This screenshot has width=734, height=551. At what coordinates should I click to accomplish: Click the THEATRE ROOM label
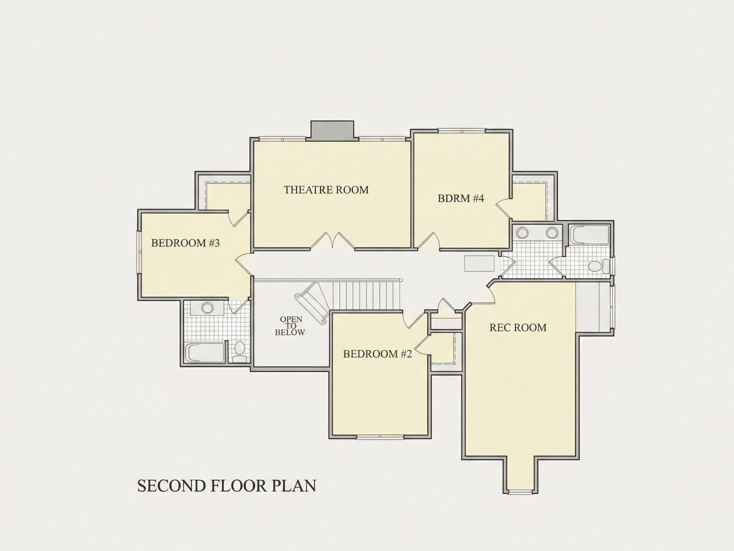326,190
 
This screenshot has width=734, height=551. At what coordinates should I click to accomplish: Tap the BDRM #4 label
461,198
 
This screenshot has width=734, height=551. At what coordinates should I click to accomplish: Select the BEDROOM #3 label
185,243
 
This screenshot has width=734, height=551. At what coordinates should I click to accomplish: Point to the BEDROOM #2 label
377,354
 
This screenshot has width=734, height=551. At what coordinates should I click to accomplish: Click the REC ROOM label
518,327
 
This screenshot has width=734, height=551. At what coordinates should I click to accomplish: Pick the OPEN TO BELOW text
290,326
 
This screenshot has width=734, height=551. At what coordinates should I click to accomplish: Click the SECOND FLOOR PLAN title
227,486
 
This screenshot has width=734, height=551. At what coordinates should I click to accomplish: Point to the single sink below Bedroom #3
207,308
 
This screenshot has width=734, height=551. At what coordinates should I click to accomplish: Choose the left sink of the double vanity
523,232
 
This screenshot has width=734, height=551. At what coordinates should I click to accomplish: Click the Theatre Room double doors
333,240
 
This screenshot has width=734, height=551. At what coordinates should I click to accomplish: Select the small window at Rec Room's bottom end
521,492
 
